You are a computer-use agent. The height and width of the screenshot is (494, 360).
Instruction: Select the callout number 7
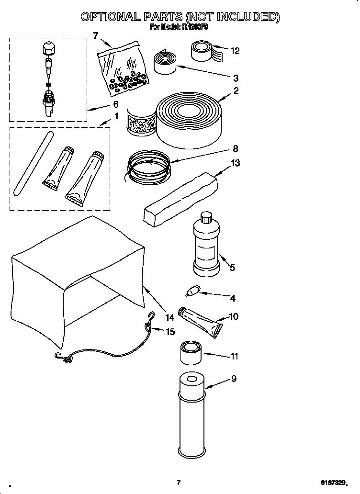[96, 35]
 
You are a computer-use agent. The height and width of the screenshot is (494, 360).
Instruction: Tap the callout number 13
[235, 163]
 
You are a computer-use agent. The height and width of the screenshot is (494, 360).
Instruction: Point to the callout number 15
[170, 331]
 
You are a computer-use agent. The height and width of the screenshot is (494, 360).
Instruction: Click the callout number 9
[233, 379]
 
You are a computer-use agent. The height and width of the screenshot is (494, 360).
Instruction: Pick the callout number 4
[232, 298]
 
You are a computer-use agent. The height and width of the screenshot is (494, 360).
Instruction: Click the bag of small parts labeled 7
[124, 67]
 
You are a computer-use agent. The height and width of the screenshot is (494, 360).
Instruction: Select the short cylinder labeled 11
[191, 354]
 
